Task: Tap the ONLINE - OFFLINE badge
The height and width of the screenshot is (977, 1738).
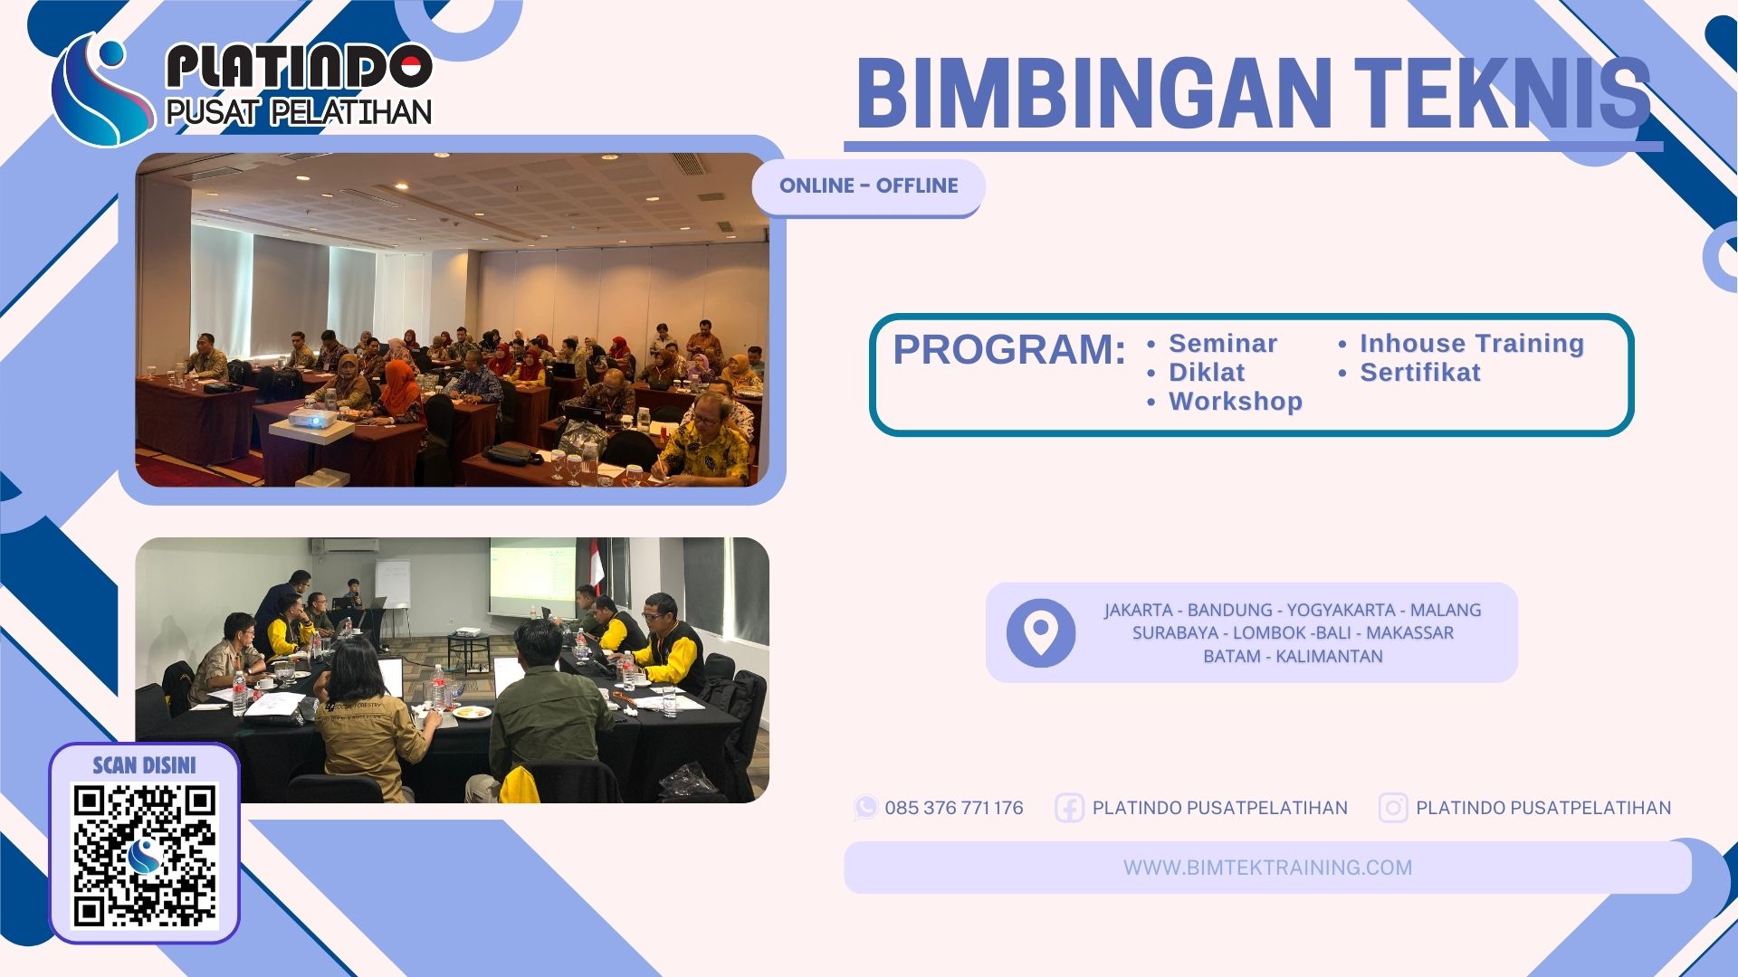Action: click(x=868, y=186)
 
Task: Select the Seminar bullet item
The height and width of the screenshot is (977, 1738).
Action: click(x=1222, y=344)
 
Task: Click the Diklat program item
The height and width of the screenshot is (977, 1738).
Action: click(x=1206, y=373)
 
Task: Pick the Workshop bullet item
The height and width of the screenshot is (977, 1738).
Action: click(x=1235, y=402)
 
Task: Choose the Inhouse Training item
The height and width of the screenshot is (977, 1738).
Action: click(x=1471, y=344)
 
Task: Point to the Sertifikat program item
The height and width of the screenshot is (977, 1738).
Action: click(x=1419, y=373)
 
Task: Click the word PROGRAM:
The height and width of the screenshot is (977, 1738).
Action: click(x=1009, y=350)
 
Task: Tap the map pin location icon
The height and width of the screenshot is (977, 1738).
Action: click(x=1041, y=632)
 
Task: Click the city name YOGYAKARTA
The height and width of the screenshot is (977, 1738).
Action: click(x=1342, y=611)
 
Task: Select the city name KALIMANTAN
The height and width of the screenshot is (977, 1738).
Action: click(x=1329, y=657)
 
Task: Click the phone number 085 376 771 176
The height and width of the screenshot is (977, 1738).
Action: click(x=953, y=808)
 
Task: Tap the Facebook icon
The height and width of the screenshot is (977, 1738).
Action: click(x=1069, y=808)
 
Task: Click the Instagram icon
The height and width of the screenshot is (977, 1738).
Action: click(x=1392, y=808)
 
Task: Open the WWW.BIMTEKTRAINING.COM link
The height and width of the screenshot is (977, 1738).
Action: click(x=1267, y=868)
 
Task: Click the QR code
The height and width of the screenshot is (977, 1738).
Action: click(x=145, y=856)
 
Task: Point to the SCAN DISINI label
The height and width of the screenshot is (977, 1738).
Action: click(x=145, y=766)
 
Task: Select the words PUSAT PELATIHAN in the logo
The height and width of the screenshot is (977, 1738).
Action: click(x=299, y=112)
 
